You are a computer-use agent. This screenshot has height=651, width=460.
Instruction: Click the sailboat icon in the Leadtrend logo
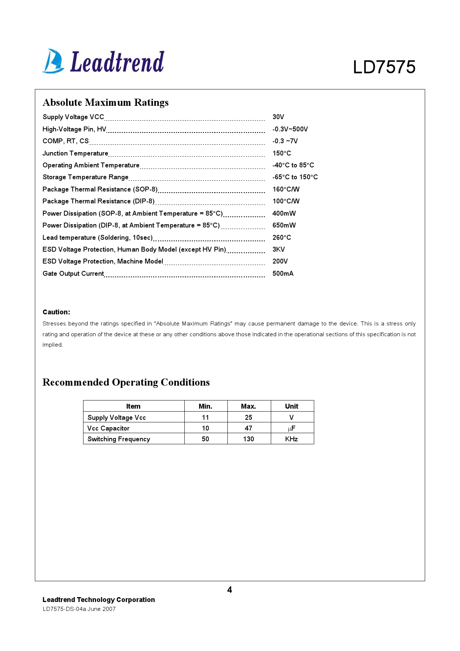[x=53, y=61]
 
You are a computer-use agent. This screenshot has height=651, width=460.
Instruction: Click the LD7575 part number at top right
[x=384, y=67]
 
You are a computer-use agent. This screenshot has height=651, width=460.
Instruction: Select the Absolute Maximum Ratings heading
[x=106, y=102]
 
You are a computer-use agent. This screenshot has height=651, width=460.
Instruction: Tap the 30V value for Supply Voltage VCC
[x=278, y=117]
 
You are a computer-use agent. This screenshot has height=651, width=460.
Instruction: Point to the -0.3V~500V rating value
[x=290, y=129]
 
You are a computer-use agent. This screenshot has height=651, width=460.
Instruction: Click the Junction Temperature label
[x=75, y=153]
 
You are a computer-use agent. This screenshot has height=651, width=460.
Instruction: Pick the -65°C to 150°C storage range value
[x=295, y=177]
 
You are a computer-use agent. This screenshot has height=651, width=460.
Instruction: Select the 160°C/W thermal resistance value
[x=286, y=189]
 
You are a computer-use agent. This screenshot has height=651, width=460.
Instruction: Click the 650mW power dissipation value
[x=284, y=225]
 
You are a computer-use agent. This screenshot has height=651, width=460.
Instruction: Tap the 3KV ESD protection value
[x=279, y=249]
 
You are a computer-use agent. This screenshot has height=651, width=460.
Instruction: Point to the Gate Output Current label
[x=73, y=274]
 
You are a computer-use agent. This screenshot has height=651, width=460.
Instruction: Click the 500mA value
[x=283, y=274]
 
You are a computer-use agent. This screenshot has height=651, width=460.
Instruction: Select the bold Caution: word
[x=56, y=312]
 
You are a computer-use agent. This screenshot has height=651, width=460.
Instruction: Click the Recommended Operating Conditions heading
[x=126, y=382]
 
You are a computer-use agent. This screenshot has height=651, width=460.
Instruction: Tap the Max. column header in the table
[x=249, y=406]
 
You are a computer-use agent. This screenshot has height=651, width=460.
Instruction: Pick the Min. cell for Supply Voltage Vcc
[x=206, y=418]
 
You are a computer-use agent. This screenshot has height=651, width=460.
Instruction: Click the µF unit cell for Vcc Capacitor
[x=292, y=428]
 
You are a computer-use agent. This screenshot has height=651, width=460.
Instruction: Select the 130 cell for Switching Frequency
[x=249, y=439]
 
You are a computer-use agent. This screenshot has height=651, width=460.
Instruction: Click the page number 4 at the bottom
[x=230, y=590]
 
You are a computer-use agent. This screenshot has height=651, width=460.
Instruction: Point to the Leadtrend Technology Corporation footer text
[x=99, y=600]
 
